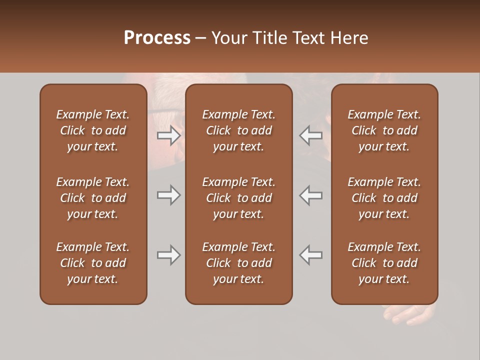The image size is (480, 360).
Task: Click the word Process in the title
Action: (x=157, y=38)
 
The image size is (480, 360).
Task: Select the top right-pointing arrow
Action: (x=169, y=135)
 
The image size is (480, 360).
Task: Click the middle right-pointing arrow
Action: (x=169, y=195)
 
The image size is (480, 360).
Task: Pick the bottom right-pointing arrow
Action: (x=169, y=255)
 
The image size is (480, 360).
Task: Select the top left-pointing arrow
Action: (x=311, y=135)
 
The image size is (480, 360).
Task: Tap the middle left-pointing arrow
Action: (x=311, y=195)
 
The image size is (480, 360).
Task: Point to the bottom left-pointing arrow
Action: (x=311, y=255)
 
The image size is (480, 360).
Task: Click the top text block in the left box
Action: (x=93, y=130)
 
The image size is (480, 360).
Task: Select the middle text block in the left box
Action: (x=93, y=198)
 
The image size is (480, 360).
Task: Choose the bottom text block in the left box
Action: (x=93, y=263)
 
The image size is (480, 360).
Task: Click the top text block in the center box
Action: (x=238, y=130)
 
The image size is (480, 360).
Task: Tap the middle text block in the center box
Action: (x=238, y=198)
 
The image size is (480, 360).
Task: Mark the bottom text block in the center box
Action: (x=238, y=263)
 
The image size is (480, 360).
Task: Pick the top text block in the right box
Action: (x=384, y=130)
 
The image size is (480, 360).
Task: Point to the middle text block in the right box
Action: (x=384, y=198)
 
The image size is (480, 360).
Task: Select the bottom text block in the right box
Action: (x=384, y=263)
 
